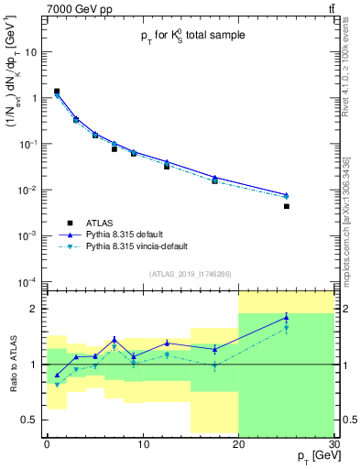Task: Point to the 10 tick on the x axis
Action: (142, 443)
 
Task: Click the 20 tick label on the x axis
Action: (238, 443)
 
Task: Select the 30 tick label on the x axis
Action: (333, 443)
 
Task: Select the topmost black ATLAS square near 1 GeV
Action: (57, 92)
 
